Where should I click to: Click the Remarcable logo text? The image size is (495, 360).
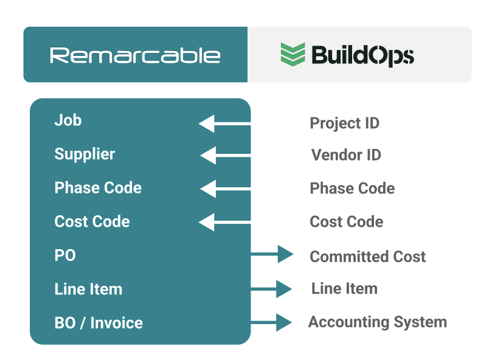135,55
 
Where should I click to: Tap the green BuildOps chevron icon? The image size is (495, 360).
293,54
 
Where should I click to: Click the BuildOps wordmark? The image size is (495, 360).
362,56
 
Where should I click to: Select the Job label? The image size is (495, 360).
68,120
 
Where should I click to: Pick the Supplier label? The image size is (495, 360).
85,154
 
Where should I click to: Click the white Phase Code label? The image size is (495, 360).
98,187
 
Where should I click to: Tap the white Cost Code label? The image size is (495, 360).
92,221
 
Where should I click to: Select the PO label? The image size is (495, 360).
65,255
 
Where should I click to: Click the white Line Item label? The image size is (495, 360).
88,289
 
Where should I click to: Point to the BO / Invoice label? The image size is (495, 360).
99,323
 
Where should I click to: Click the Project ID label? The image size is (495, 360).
344,123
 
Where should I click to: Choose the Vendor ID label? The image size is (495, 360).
346,154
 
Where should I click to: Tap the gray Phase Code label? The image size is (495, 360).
352,189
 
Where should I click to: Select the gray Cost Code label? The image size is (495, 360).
346,222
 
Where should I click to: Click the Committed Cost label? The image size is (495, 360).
367,257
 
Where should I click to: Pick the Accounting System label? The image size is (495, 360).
378,322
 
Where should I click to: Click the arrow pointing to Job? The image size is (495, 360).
224,123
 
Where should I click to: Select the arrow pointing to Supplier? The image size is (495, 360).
226,155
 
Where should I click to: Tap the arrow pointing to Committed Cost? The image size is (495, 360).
272,254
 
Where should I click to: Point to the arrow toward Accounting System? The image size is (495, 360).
271,322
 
